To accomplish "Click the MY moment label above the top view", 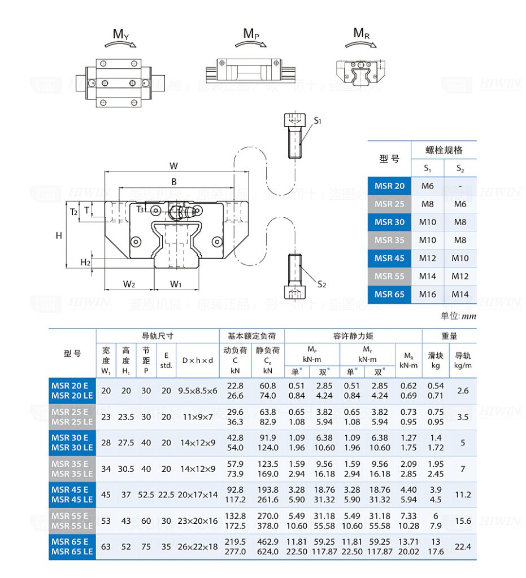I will point(121,34).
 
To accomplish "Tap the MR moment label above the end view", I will point(362,33).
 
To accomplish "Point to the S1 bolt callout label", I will point(318,120).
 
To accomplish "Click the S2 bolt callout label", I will point(321,284).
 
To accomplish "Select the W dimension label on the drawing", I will point(173,165).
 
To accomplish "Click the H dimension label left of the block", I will point(59,235).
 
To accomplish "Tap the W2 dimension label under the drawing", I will point(129,284).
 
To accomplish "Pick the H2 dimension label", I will point(85,262).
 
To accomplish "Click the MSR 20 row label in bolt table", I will point(389,186).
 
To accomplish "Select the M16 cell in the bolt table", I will point(428,294).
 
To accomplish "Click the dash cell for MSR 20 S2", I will point(460,186).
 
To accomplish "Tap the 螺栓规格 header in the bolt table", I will point(444,150).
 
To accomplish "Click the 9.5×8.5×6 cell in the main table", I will point(198,391).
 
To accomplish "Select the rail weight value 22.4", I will point(463,546).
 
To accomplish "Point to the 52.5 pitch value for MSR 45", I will point(146,494).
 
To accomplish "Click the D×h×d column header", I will point(198,360).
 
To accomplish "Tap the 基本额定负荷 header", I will point(251,336).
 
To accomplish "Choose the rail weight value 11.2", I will point(463,494).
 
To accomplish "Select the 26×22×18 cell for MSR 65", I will point(198,546).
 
